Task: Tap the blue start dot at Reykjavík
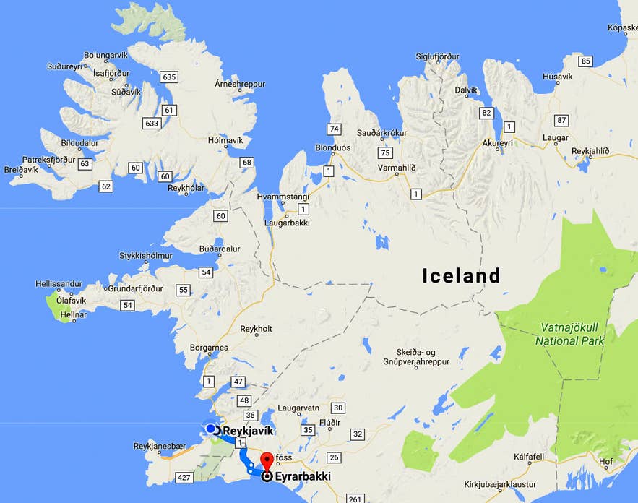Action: pos(210,429)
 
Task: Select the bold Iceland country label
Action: pos(461,276)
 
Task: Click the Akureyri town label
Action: pos(497,143)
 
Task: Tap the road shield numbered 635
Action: pos(170,77)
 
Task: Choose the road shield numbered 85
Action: pos(585,61)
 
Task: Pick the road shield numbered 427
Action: pos(184,478)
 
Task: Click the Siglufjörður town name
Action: pos(438,56)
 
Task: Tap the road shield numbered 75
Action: pos(384,152)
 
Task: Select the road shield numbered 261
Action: pos(354,499)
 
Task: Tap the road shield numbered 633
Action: pos(151,124)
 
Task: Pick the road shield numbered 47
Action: pos(239,382)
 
